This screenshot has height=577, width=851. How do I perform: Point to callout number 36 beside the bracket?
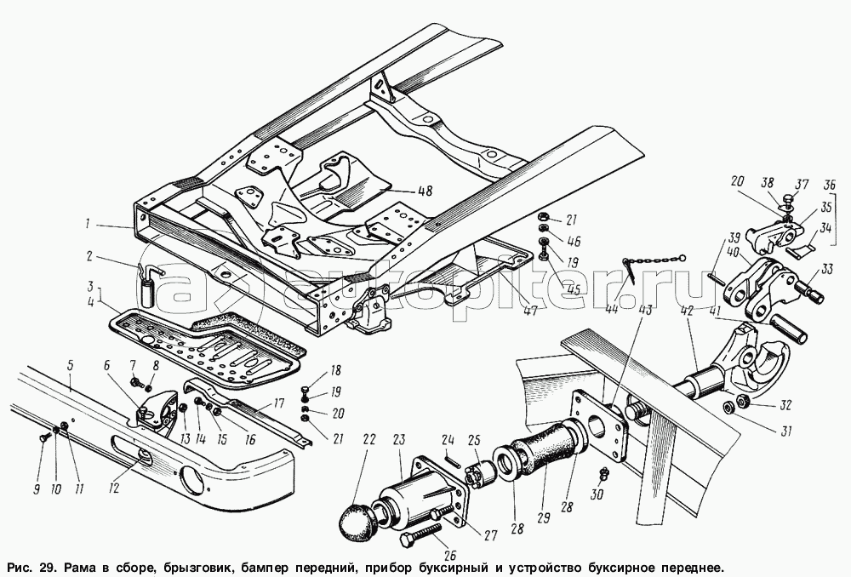[830, 186]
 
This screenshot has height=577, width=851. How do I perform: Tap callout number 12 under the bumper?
[113, 488]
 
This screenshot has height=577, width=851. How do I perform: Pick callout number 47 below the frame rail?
[529, 312]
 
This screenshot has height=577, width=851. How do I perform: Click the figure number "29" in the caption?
[40, 566]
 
